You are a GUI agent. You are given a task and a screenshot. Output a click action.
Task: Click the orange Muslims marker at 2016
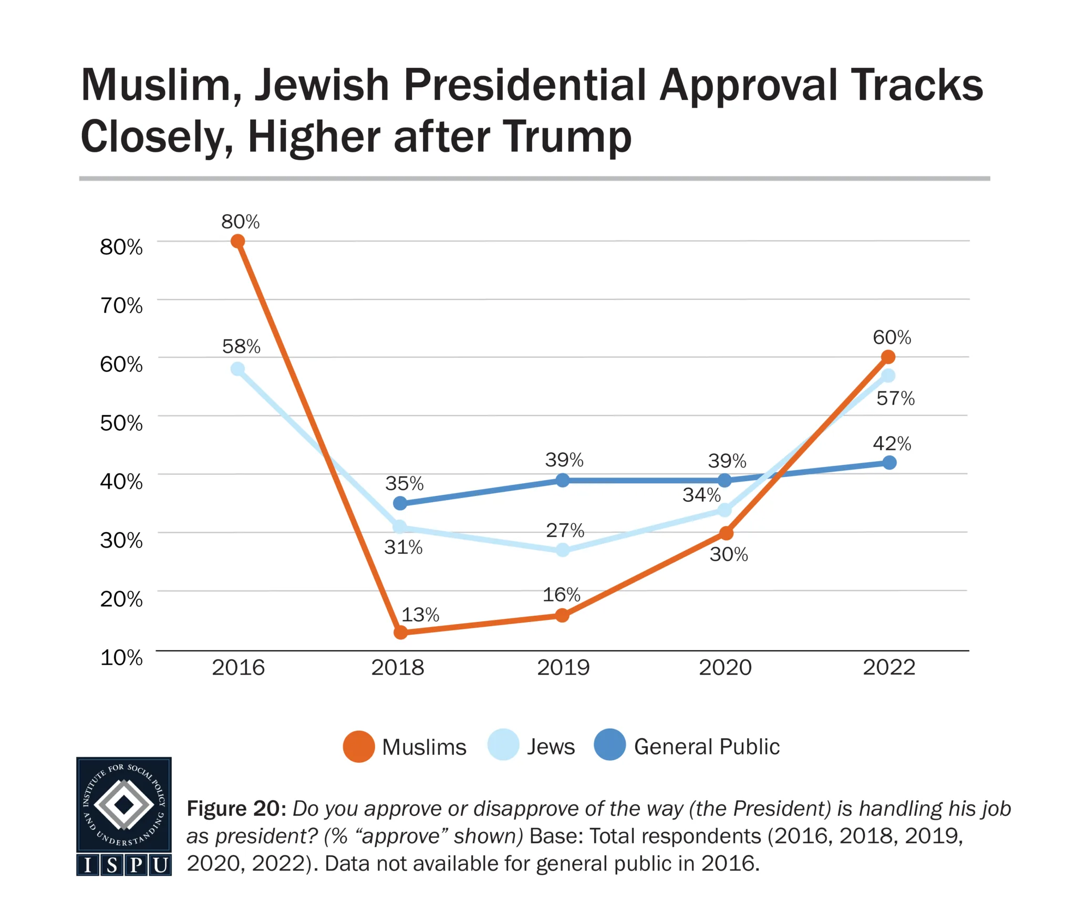pyautogui.click(x=237, y=241)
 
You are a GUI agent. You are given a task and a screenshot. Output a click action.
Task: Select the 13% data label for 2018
pyautogui.click(x=420, y=615)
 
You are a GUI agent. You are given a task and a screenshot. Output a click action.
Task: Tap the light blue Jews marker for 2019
pyautogui.click(x=563, y=550)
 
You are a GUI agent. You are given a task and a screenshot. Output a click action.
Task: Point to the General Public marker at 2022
pyautogui.click(x=889, y=463)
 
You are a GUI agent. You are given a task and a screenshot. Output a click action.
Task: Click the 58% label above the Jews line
pyautogui.click(x=241, y=346)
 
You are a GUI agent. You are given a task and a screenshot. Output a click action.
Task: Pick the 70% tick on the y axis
pyautogui.click(x=121, y=305)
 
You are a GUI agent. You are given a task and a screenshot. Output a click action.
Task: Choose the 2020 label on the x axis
pyautogui.click(x=725, y=668)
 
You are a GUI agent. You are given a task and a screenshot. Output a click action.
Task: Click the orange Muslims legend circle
pyautogui.click(x=359, y=747)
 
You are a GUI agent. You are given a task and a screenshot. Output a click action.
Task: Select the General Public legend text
pyautogui.click(x=707, y=747)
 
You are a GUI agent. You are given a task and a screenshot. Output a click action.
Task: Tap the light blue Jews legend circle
pyautogui.click(x=503, y=745)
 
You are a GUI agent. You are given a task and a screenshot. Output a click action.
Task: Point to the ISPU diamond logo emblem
pyautogui.click(x=124, y=804)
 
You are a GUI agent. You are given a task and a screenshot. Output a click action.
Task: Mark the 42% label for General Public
pyautogui.click(x=892, y=444)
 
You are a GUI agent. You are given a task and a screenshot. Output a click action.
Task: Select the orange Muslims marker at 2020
pyautogui.click(x=726, y=533)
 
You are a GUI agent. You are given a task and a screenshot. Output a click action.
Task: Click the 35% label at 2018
pyautogui.click(x=405, y=483)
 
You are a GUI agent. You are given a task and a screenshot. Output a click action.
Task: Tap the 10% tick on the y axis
pyautogui.click(x=121, y=657)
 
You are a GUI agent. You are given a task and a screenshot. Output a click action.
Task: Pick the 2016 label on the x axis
pyautogui.click(x=238, y=668)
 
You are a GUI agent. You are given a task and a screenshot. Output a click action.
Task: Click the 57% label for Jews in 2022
pyautogui.click(x=895, y=398)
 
